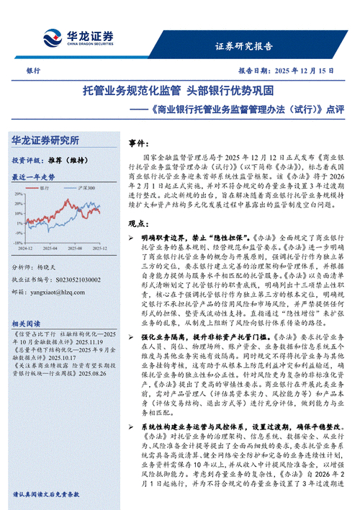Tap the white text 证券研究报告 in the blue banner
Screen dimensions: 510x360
point(244,47)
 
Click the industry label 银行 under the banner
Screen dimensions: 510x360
point(33,71)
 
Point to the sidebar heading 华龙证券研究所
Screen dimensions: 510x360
point(45,140)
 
